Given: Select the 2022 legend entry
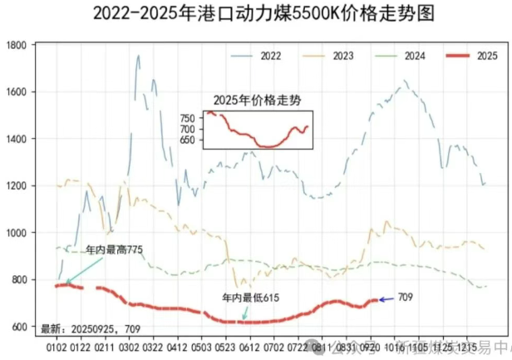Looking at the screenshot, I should tap(270, 56).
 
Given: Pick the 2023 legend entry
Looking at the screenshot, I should tap(342, 56).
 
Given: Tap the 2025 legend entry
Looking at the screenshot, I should tap(486, 56).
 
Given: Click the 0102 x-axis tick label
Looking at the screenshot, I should tap(57, 344).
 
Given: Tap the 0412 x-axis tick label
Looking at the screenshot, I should tap(178, 344).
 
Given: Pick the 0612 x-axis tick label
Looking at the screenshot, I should tap(250, 344).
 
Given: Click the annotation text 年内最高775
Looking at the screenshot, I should tap(115, 249).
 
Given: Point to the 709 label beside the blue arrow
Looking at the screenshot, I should tap(406, 298).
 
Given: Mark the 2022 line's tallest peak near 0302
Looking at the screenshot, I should tap(138, 57).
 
